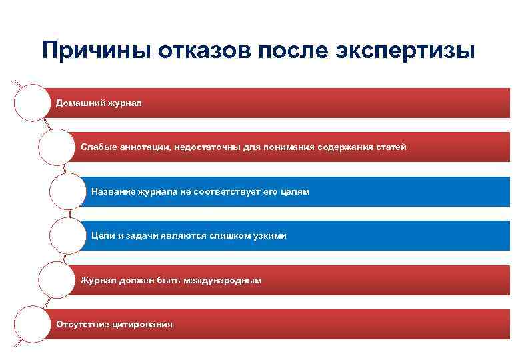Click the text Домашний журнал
coord(98,103)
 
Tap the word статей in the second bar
coord(391,147)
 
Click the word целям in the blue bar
coord(295,192)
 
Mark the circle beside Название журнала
coord(67,192)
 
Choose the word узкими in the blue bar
coord(269,236)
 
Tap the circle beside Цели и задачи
coord(67,236)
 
